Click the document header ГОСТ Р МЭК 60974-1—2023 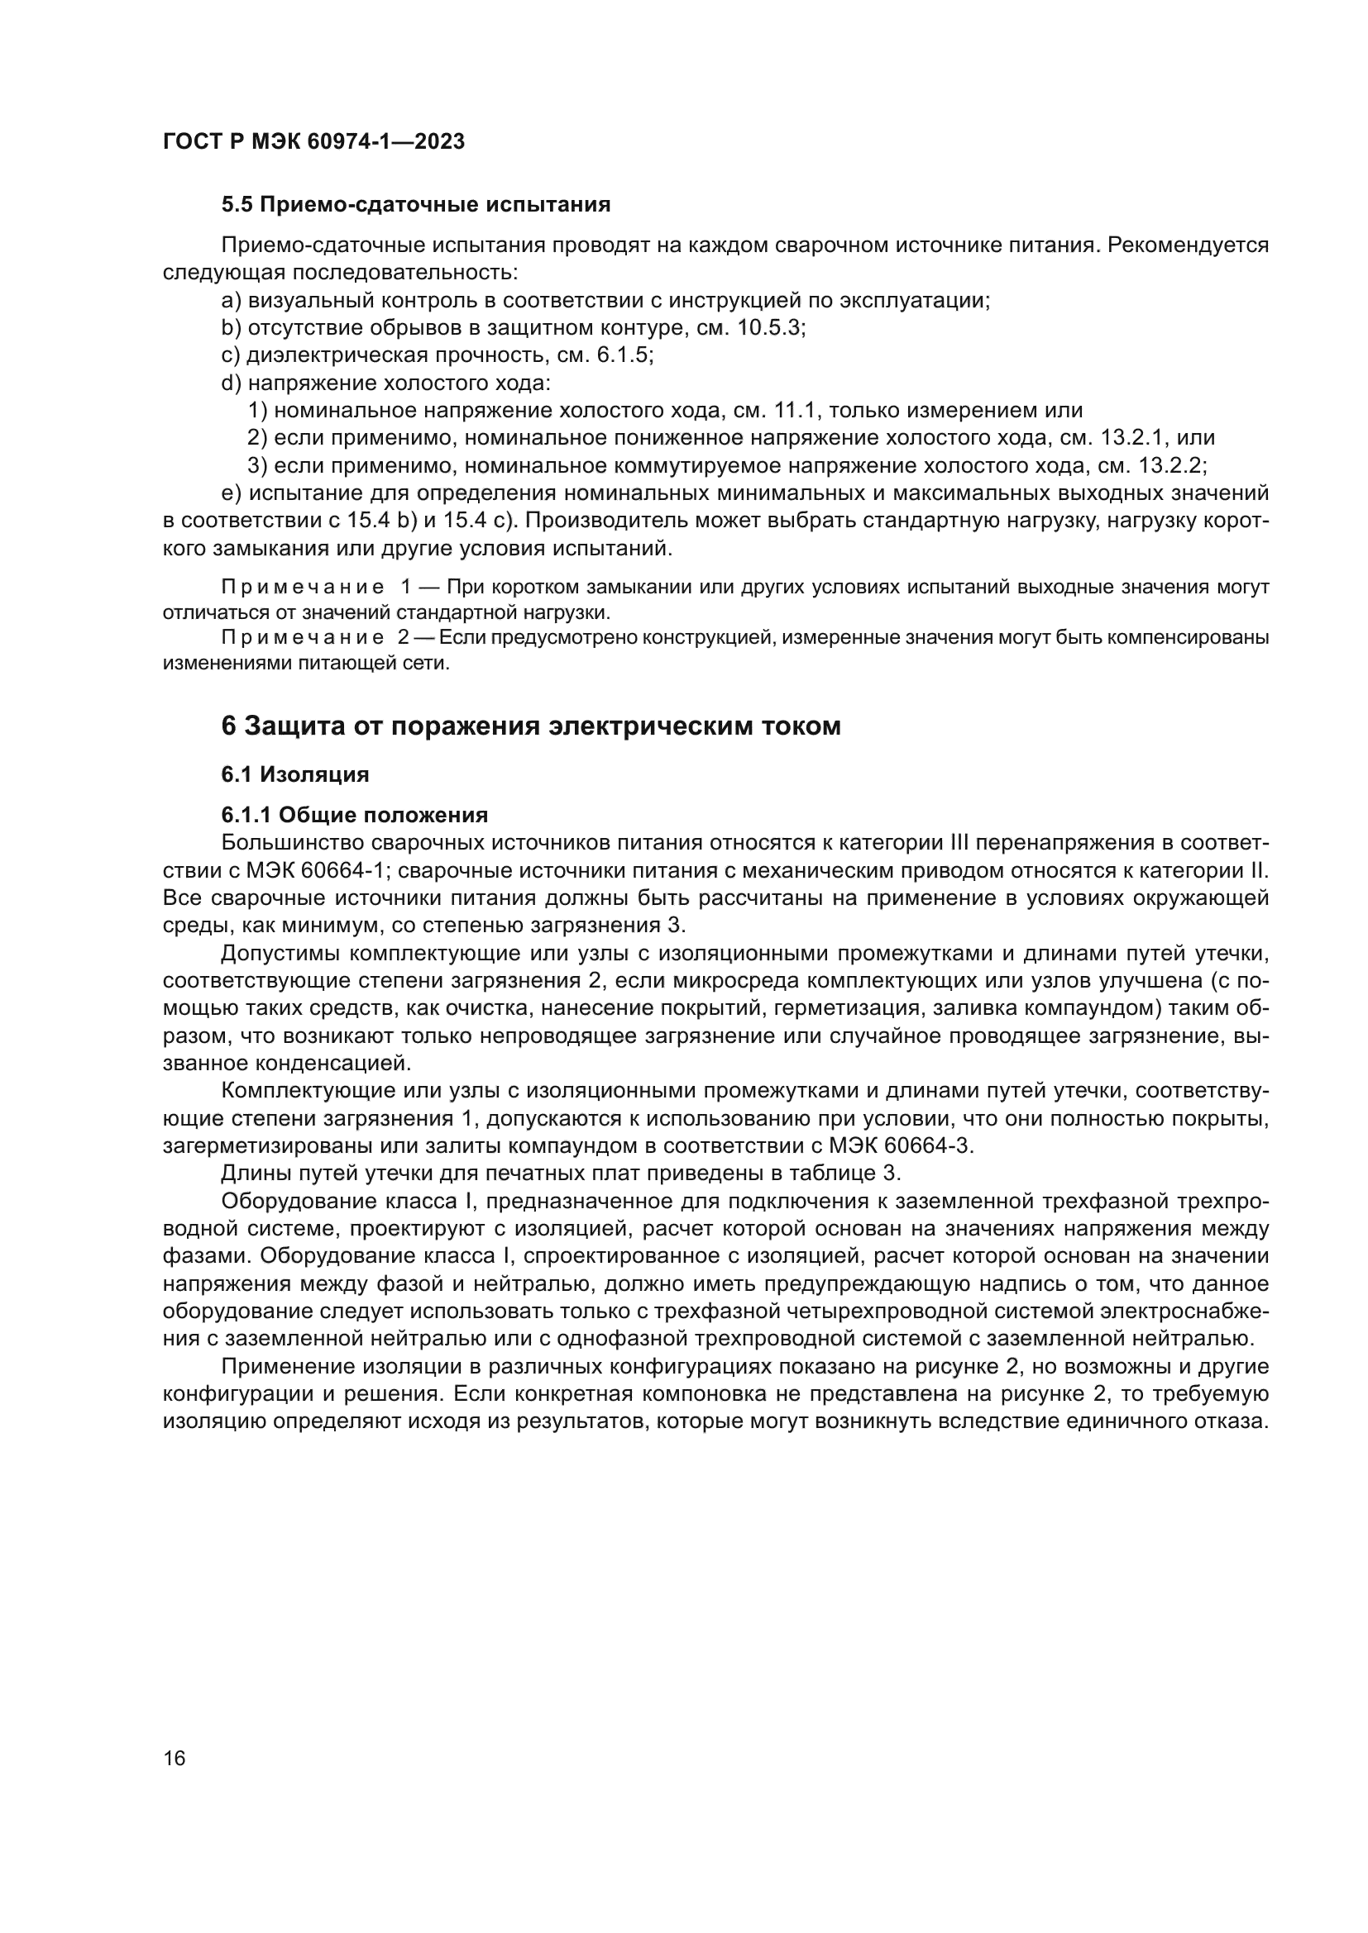pos(313,142)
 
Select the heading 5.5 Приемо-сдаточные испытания pos(415,205)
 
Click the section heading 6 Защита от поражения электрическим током pos(531,726)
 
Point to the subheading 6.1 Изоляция pos(294,774)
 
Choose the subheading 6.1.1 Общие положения pos(355,815)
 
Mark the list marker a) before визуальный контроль pos(231,301)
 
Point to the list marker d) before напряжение pos(231,383)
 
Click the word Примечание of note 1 pos(303,587)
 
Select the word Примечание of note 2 pos(303,637)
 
